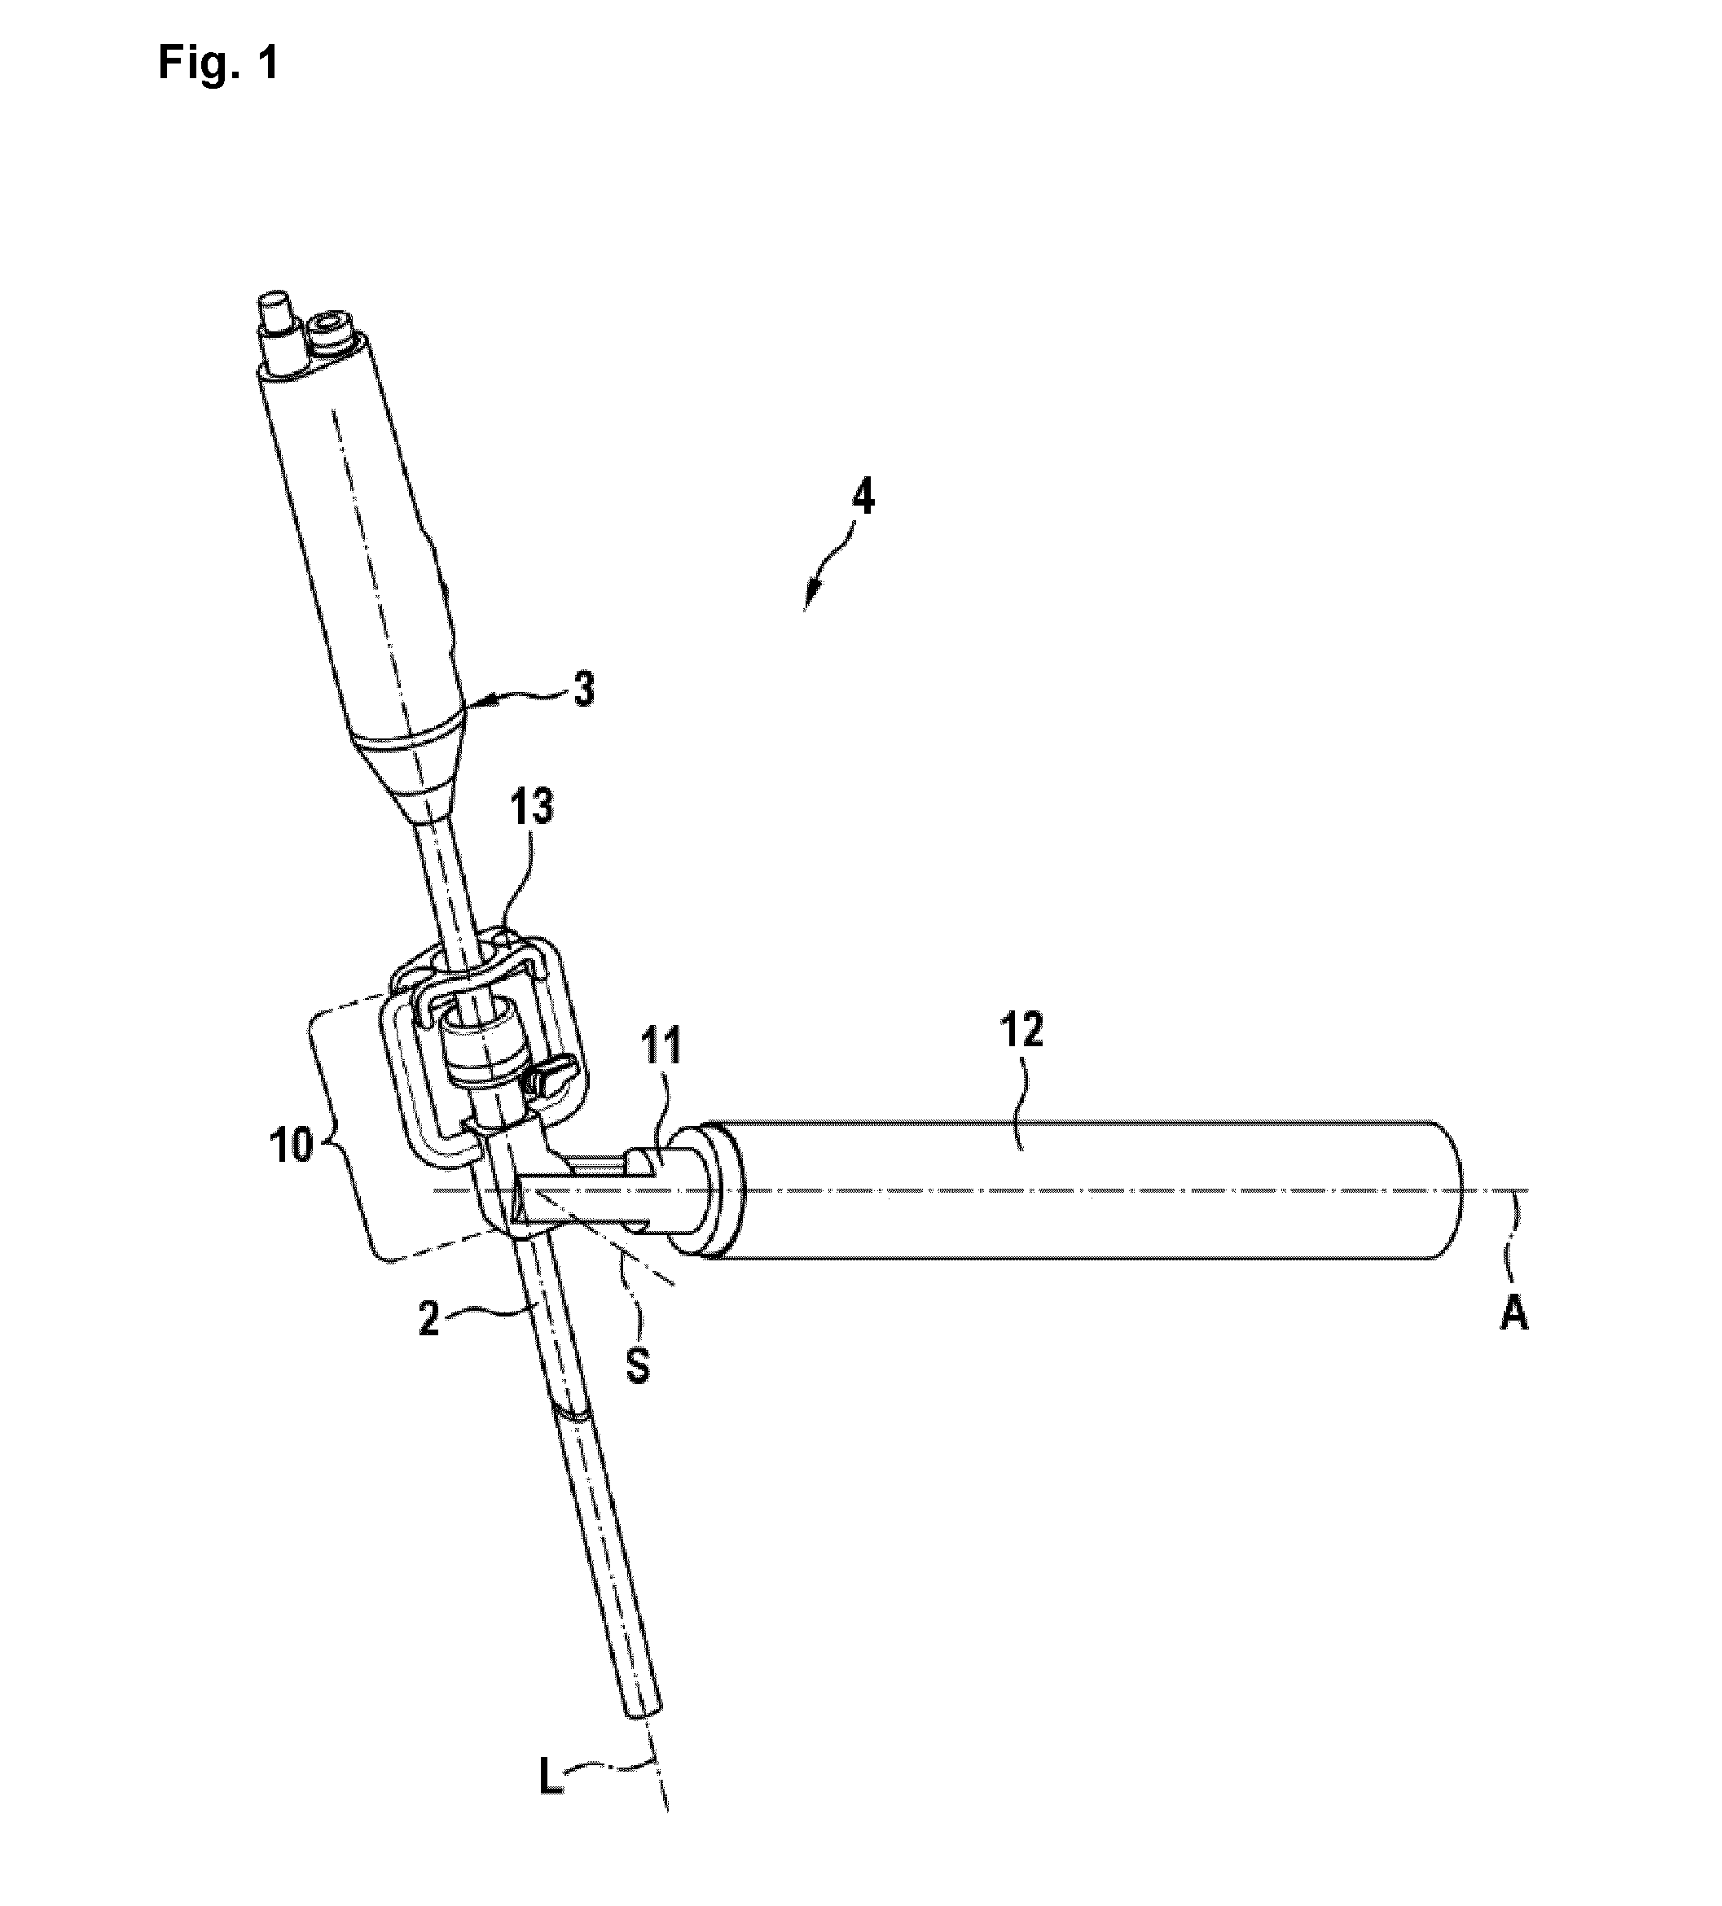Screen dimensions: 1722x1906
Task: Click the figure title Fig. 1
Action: tap(218, 64)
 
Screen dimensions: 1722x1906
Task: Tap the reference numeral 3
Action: tap(584, 691)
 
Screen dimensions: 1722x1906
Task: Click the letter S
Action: tap(639, 1368)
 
